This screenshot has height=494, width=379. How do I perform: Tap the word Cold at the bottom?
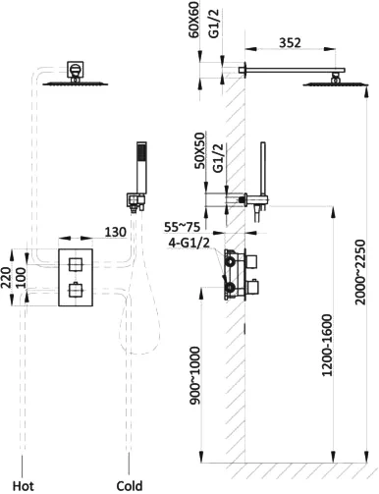click(x=130, y=485)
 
